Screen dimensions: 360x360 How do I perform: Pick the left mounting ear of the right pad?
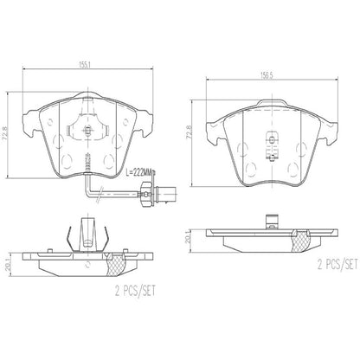pyautogui.click(x=210, y=125)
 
